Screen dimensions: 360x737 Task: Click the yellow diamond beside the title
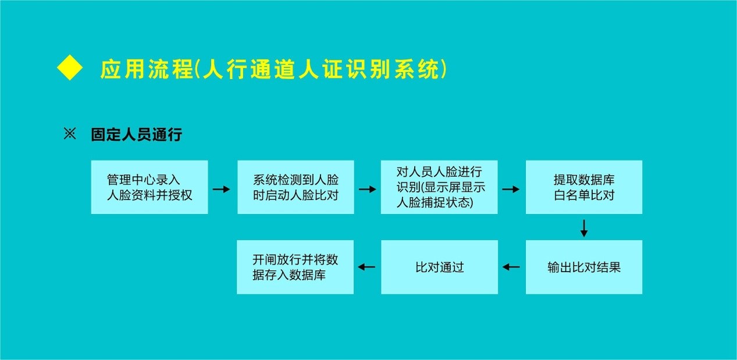(x=70, y=69)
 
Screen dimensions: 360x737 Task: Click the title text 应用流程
(x=146, y=69)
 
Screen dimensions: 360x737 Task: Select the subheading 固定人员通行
(x=136, y=135)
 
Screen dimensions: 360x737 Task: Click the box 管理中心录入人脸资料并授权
(x=149, y=187)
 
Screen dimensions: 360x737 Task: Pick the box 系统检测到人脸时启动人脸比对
(x=295, y=187)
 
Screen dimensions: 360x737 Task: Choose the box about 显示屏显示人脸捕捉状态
(x=439, y=187)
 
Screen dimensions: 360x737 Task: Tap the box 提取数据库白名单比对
(x=584, y=187)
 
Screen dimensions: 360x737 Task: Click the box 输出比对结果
(x=584, y=267)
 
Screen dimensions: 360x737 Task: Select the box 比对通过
(x=439, y=267)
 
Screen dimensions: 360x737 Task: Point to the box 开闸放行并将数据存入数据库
(x=295, y=267)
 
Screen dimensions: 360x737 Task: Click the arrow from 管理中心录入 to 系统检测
(x=222, y=189)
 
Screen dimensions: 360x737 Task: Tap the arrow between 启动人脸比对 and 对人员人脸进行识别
(x=368, y=189)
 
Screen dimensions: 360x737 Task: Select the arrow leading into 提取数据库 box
(x=511, y=189)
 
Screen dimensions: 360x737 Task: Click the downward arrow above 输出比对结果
(x=584, y=228)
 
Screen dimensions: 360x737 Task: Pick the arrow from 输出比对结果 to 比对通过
(x=511, y=267)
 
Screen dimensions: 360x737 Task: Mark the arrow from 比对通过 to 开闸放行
(x=367, y=267)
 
